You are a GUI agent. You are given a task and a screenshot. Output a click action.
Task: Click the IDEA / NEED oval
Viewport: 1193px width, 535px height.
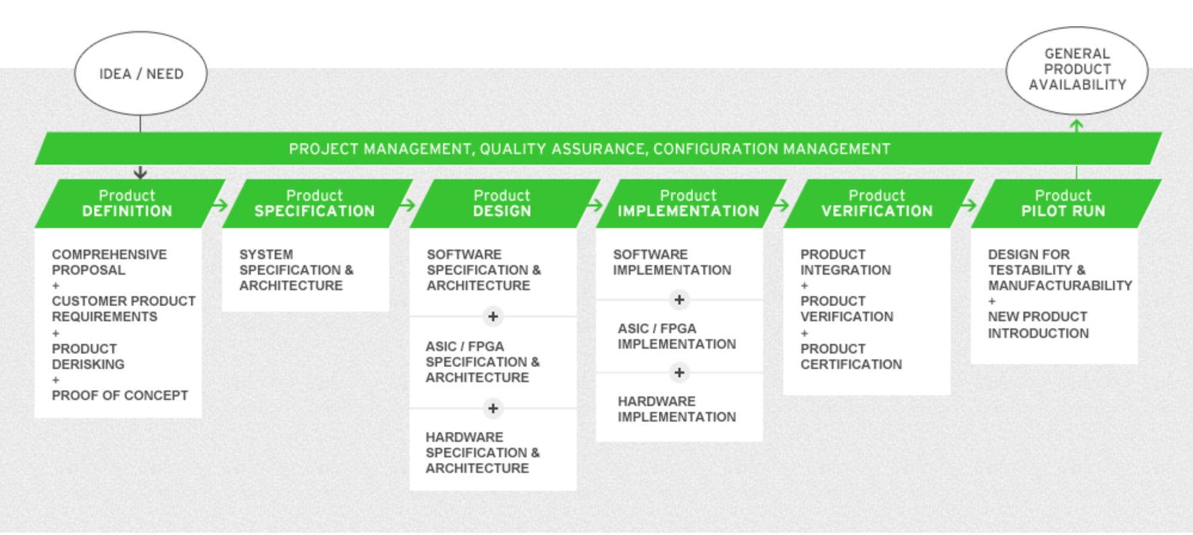point(141,73)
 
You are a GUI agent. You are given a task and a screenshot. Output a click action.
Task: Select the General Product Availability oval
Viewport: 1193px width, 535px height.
point(1077,69)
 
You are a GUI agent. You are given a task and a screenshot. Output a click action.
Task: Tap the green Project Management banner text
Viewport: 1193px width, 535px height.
point(589,149)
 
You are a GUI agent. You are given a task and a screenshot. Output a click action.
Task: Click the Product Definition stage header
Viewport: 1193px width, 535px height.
point(127,203)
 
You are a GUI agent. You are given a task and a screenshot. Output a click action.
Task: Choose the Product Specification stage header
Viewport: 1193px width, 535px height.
point(315,203)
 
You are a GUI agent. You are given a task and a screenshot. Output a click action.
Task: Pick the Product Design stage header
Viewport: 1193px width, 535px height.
point(502,203)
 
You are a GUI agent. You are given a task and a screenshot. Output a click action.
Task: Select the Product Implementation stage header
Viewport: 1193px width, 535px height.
point(688,203)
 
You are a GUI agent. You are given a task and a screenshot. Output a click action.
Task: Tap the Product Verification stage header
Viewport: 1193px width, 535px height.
point(877,203)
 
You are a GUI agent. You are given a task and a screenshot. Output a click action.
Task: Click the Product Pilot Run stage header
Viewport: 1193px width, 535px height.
point(1063,203)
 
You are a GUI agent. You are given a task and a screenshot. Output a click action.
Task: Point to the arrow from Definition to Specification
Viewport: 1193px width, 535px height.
point(220,205)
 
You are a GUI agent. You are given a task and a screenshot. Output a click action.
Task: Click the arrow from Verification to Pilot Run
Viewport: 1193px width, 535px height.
point(968,205)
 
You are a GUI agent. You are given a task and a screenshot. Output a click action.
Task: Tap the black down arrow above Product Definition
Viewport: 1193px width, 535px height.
point(140,173)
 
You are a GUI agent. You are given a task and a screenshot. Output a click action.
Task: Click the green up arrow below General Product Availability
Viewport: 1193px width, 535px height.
point(1077,126)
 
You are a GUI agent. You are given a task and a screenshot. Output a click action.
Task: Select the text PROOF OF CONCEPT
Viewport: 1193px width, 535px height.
point(119,395)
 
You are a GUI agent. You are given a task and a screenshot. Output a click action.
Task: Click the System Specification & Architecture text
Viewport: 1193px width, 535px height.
point(296,270)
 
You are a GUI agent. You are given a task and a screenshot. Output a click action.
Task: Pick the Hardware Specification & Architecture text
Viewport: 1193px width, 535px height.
point(482,453)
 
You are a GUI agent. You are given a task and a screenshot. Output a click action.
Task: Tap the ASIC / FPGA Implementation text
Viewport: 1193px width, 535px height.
point(676,336)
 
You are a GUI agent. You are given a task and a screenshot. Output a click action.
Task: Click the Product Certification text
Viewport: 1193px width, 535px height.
point(850,356)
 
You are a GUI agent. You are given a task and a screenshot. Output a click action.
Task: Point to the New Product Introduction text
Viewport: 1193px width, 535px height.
point(1038,325)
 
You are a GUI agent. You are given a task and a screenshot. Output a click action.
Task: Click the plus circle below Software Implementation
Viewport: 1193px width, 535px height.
point(679,300)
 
